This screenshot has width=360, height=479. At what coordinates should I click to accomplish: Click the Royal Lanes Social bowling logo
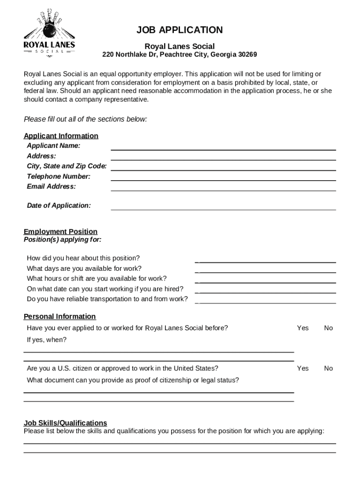49,32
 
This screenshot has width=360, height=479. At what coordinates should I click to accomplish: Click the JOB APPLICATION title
180,30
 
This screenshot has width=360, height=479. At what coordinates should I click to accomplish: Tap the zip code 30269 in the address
247,55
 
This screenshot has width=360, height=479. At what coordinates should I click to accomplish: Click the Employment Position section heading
61,232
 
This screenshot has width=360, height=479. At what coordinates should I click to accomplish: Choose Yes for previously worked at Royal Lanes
302,328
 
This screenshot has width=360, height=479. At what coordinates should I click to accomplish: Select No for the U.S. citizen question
328,368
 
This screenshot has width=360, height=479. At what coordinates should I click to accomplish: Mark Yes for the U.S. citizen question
302,368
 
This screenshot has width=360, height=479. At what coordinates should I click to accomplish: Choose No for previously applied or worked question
328,328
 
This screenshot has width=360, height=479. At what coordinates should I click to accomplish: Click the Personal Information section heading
60,317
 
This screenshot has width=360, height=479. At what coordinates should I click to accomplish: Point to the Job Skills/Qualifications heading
65,423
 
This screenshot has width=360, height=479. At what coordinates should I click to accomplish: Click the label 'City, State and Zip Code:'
67,166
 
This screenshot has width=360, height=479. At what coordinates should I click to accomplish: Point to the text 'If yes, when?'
47,340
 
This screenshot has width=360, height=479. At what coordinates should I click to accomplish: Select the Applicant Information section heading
61,136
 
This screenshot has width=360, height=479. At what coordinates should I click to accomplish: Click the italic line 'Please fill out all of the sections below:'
86,119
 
